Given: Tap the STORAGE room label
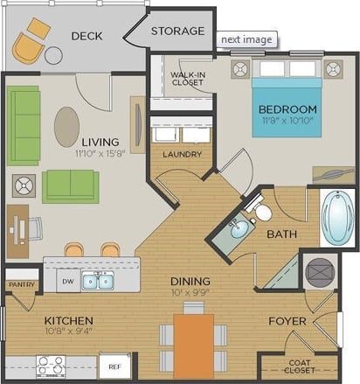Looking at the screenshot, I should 177,31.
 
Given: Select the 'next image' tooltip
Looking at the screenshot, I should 246,39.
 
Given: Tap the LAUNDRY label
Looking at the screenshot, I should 182,155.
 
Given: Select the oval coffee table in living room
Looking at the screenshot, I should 66,127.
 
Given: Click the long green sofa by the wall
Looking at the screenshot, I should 24,125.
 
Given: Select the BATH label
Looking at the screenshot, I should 281,234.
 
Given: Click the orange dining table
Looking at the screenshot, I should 193,346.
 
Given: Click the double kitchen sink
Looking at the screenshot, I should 97,281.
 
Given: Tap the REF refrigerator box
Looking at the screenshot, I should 114,365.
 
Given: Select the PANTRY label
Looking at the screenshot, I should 20,285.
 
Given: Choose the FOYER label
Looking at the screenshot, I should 287,321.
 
